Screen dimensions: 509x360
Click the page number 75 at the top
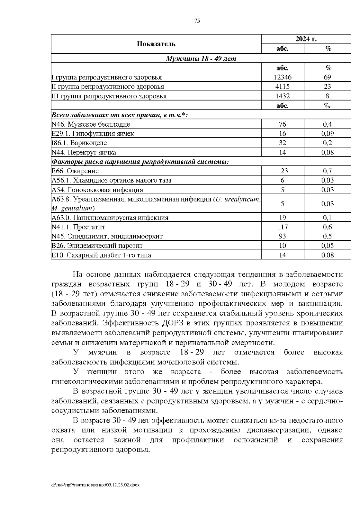(197, 21)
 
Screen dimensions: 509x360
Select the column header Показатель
(156, 44)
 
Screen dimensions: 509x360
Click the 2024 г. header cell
(306, 39)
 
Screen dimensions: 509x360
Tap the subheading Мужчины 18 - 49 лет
(201, 58)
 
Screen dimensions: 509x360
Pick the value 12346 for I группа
(282, 77)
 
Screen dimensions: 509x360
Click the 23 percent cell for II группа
(327, 87)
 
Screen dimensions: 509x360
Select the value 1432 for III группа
(282, 96)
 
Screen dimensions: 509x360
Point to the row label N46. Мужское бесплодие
(91, 124)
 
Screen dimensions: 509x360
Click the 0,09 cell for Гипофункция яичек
(327, 133)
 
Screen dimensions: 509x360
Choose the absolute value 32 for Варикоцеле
(282, 143)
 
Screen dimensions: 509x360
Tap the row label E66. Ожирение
(75, 171)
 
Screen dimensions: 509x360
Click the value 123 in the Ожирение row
(282, 171)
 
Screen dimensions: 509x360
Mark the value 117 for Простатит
(282, 227)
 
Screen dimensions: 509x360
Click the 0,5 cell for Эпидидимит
(327, 236)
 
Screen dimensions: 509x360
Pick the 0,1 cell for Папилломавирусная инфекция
(327, 218)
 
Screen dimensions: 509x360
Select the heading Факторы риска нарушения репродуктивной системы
(140, 162)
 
